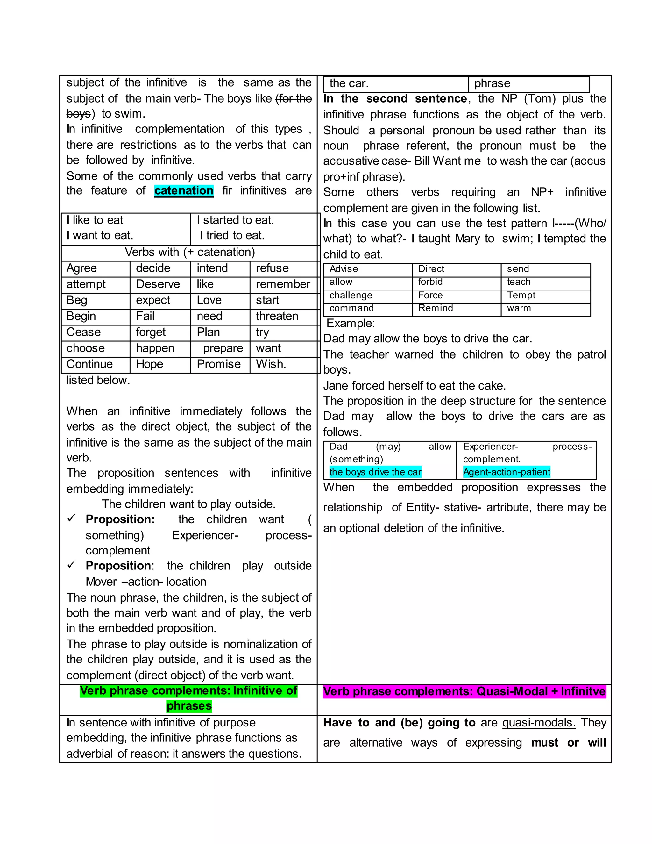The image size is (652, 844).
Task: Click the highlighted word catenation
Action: click(184, 190)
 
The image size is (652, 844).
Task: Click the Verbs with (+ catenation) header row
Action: click(190, 252)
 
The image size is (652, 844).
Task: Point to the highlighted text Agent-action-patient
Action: click(507, 472)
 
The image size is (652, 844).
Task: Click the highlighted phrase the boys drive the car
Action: click(375, 472)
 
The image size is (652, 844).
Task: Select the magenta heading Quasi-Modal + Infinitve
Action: click(464, 691)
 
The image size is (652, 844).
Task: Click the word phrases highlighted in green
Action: click(189, 706)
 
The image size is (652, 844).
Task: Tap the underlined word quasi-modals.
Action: click(539, 723)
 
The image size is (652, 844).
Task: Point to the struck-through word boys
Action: click(78, 114)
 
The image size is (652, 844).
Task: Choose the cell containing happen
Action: click(155, 348)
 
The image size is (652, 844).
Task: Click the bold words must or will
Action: click(568, 743)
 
